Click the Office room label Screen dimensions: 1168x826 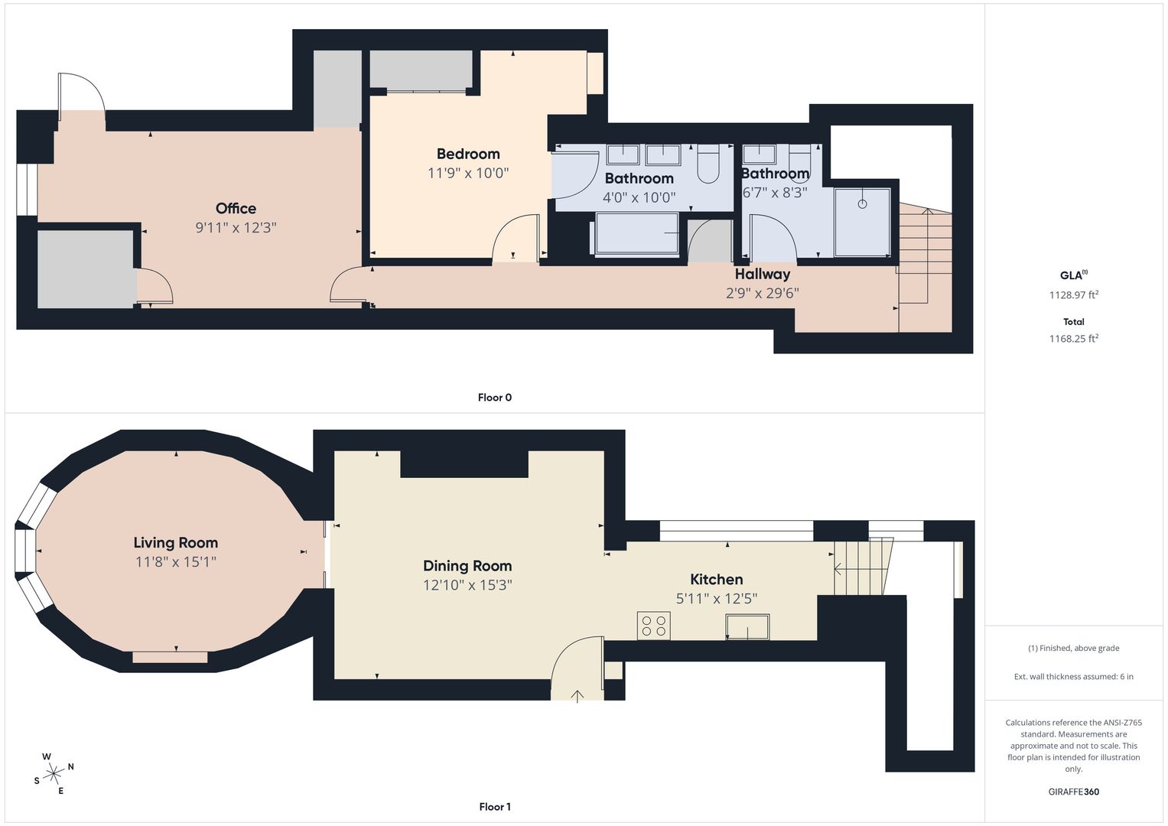coord(236,209)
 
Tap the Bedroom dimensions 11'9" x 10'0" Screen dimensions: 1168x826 coord(467,173)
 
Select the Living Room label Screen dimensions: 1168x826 coord(176,543)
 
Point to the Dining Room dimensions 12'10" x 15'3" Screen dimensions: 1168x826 coord(467,585)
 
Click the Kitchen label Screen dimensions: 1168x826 coord(717,580)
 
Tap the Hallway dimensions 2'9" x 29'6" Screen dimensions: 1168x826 coord(763,293)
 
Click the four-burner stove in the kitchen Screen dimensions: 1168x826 coord(654,626)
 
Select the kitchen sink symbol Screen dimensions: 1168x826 coord(747,627)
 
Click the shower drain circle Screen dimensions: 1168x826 coord(863,204)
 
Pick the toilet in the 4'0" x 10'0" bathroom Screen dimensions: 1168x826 coord(708,163)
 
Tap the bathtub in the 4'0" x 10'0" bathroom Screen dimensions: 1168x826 coord(636,234)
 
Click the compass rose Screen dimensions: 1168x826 coord(54,774)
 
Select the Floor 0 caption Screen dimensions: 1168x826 coord(495,398)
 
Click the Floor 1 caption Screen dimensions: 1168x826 coord(495,807)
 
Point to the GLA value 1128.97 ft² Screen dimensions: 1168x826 coord(1074,294)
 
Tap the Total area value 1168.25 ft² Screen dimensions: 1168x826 coord(1074,338)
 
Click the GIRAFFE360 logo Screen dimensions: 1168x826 coord(1074,792)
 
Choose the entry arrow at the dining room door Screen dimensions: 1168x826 coord(577,697)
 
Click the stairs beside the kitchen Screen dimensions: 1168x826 coord(863,567)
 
